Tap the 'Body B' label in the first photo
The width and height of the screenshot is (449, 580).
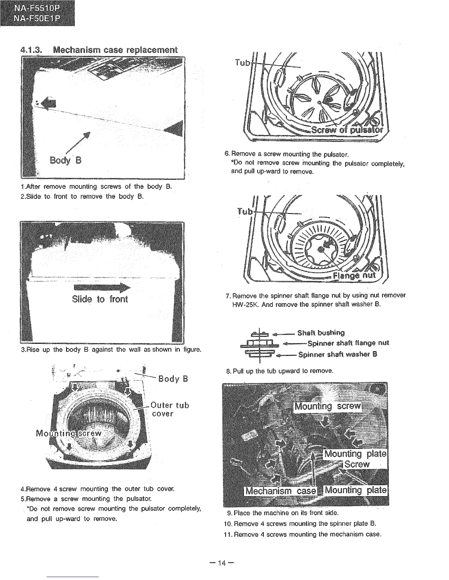(66, 160)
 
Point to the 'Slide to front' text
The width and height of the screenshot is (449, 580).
(100, 299)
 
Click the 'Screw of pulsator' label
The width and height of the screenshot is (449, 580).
(347, 130)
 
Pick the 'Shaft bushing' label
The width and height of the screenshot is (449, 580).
(321, 333)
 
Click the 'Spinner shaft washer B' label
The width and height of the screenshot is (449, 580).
(337, 354)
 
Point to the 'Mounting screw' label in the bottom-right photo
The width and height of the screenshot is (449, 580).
(328, 407)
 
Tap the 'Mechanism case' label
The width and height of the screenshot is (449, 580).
(281, 491)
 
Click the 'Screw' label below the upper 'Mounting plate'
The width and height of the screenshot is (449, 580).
(357, 465)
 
